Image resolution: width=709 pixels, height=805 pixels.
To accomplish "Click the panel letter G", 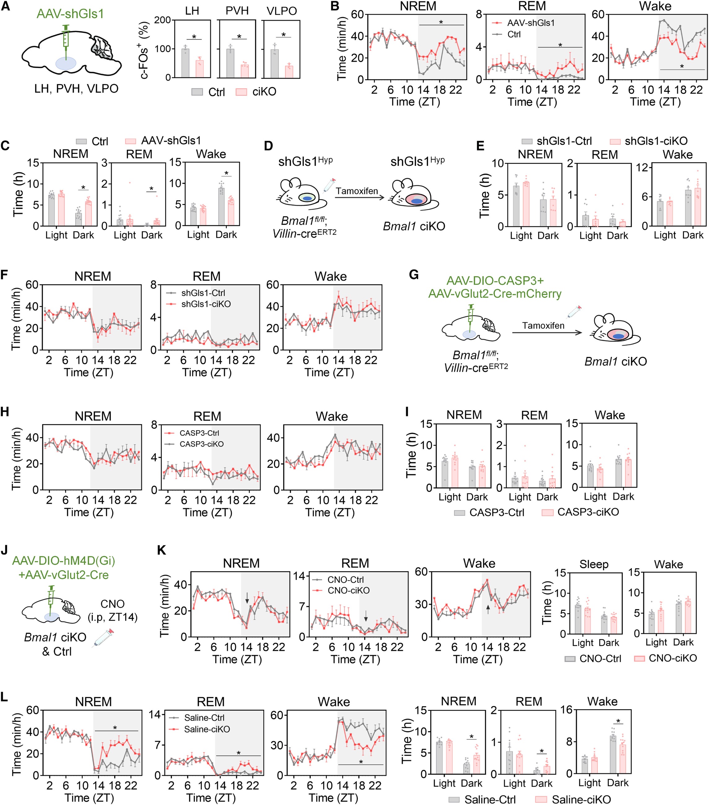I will pos(414,275).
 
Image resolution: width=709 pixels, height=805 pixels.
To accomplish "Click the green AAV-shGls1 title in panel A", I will pos(70,14).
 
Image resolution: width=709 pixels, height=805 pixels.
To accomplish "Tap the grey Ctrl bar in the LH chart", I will pos(185,63).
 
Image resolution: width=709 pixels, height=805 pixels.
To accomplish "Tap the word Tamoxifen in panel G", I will pos(543,325).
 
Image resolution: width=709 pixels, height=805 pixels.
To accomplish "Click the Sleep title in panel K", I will pos(593,564).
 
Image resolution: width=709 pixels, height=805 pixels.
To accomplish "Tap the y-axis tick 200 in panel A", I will pos(162,20).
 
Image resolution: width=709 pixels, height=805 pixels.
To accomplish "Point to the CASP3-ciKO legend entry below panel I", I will pos(588,512).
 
